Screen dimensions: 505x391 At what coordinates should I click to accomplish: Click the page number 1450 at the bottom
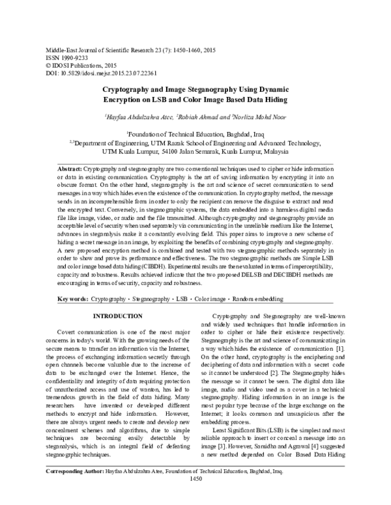[x=195, y=497]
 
